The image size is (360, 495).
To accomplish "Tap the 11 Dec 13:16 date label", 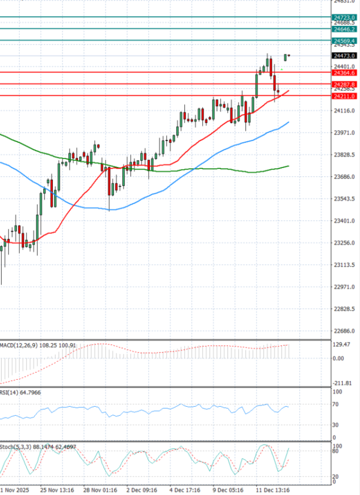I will click(273, 489).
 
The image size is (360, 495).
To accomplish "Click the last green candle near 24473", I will click(286, 57).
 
